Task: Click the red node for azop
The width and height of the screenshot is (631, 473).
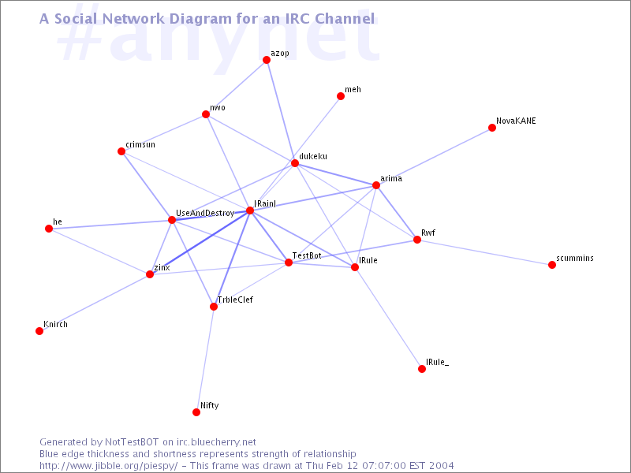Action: click(267, 60)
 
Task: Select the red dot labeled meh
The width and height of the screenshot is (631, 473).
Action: click(341, 96)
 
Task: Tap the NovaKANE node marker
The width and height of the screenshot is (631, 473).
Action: click(491, 128)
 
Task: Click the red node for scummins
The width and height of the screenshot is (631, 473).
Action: click(552, 265)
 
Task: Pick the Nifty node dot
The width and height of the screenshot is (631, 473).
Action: click(196, 412)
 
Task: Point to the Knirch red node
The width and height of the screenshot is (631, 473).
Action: click(39, 331)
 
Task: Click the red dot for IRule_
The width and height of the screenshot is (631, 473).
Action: click(422, 369)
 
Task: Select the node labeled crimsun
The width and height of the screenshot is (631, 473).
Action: click(121, 151)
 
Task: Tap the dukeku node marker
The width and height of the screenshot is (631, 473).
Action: click(295, 163)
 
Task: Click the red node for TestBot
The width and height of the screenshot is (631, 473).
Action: click(289, 263)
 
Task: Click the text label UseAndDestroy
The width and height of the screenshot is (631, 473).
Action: click(205, 213)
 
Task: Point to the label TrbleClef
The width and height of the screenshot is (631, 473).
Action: click(235, 300)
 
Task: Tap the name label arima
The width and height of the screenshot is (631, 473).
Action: click(391, 178)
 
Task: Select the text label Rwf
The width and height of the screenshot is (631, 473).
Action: click(428, 233)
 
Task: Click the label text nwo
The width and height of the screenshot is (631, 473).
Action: click(218, 107)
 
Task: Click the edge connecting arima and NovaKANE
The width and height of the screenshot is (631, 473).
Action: click(434, 156)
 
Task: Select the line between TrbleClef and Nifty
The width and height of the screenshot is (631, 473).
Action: click(205, 359)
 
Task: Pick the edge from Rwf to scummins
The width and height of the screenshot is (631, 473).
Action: click(484, 252)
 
